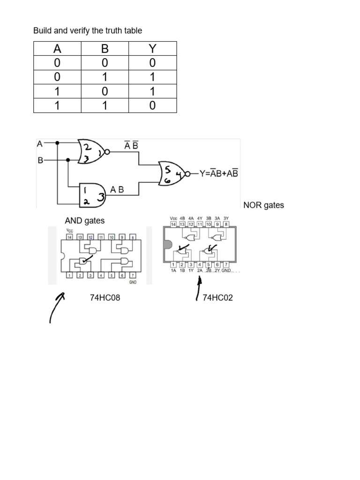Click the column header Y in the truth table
click(152, 49)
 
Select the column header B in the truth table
click(105, 49)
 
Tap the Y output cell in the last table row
click(152, 105)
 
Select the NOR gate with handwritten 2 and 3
click(93, 151)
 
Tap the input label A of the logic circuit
click(40, 143)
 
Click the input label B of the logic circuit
click(40, 160)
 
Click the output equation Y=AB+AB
click(218, 173)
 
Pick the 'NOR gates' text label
click(263, 205)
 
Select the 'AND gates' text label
click(84, 220)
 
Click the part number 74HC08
click(105, 298)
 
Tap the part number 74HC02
click(217, 298)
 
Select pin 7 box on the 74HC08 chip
click(133, 275)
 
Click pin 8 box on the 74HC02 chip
click(226, 225)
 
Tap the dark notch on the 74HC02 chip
click(168, 246)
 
